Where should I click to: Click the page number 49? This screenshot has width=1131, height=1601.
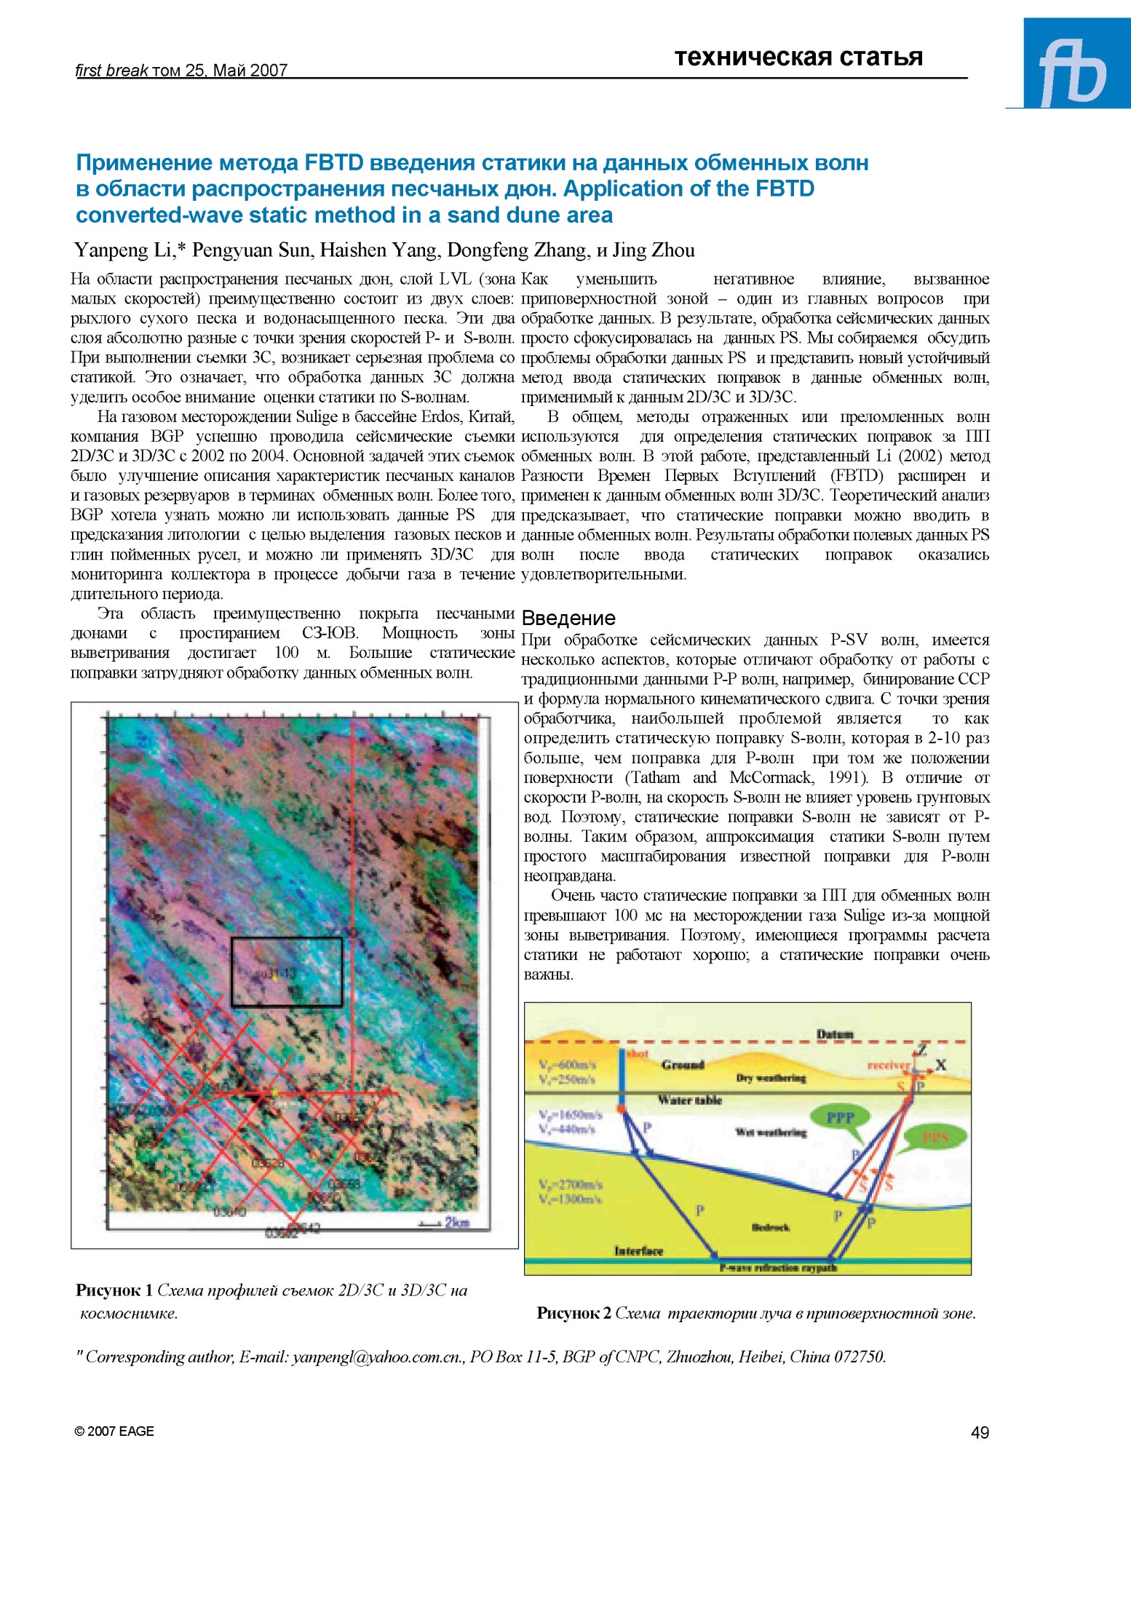pos(980,1432)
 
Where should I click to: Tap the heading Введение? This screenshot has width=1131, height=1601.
pos(568,619)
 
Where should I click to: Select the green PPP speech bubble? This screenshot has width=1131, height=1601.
pos(841,1118)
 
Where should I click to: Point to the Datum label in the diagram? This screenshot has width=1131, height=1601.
pos(834,1034)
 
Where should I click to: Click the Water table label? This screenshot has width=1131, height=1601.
pos(689,1100)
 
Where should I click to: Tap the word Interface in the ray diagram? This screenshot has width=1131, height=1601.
pos(638,1251)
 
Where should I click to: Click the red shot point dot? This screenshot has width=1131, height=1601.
pos(622,1108)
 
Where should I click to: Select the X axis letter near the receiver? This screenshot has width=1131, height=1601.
pos(940,1065)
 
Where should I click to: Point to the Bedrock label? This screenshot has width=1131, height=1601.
pos(770,1227)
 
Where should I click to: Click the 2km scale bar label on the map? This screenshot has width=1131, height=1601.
pos(456,1222)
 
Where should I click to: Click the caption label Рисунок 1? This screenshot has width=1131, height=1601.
pos(114,1290)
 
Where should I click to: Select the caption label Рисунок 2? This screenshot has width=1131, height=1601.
pos(574,1313)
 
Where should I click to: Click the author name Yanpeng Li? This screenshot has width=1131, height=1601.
pos(122,250)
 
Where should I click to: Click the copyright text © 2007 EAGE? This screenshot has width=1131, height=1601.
pos(114,1431)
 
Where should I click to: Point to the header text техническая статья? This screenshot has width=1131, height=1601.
pos(798,57)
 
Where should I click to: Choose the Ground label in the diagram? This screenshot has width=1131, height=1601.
pos(683,1065)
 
